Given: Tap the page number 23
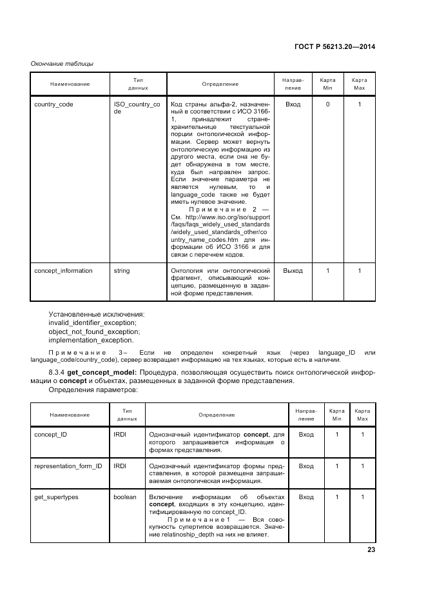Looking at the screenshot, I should [x=371, y=549].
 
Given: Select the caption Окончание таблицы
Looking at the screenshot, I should [x=63, y=63].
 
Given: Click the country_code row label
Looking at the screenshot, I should [x=53, y=104].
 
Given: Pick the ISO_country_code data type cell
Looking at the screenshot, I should [x=137, y=107].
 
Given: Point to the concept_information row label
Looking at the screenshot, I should [x=63, y=271].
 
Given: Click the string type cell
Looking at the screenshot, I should [x=122, y=271].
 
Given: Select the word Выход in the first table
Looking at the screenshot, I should [x=293, y=271].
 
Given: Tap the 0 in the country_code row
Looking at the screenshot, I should [x=327, y=104].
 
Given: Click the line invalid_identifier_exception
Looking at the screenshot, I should [x=92, y=322].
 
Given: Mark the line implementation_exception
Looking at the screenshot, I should [x=91, y=341].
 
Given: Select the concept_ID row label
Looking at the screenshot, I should [x=50, y=435].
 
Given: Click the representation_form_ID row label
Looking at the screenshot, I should [x=68, y=466].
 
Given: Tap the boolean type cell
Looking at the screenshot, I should [x=125, y=497].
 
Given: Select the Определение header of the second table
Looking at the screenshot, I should [x=217, y=415].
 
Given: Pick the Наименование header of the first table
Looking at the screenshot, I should [x=70, y=84].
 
